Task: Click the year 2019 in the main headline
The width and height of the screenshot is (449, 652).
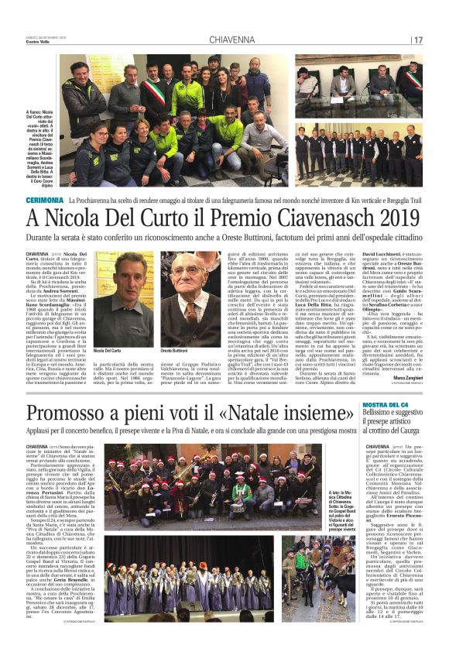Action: click(387, 218)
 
